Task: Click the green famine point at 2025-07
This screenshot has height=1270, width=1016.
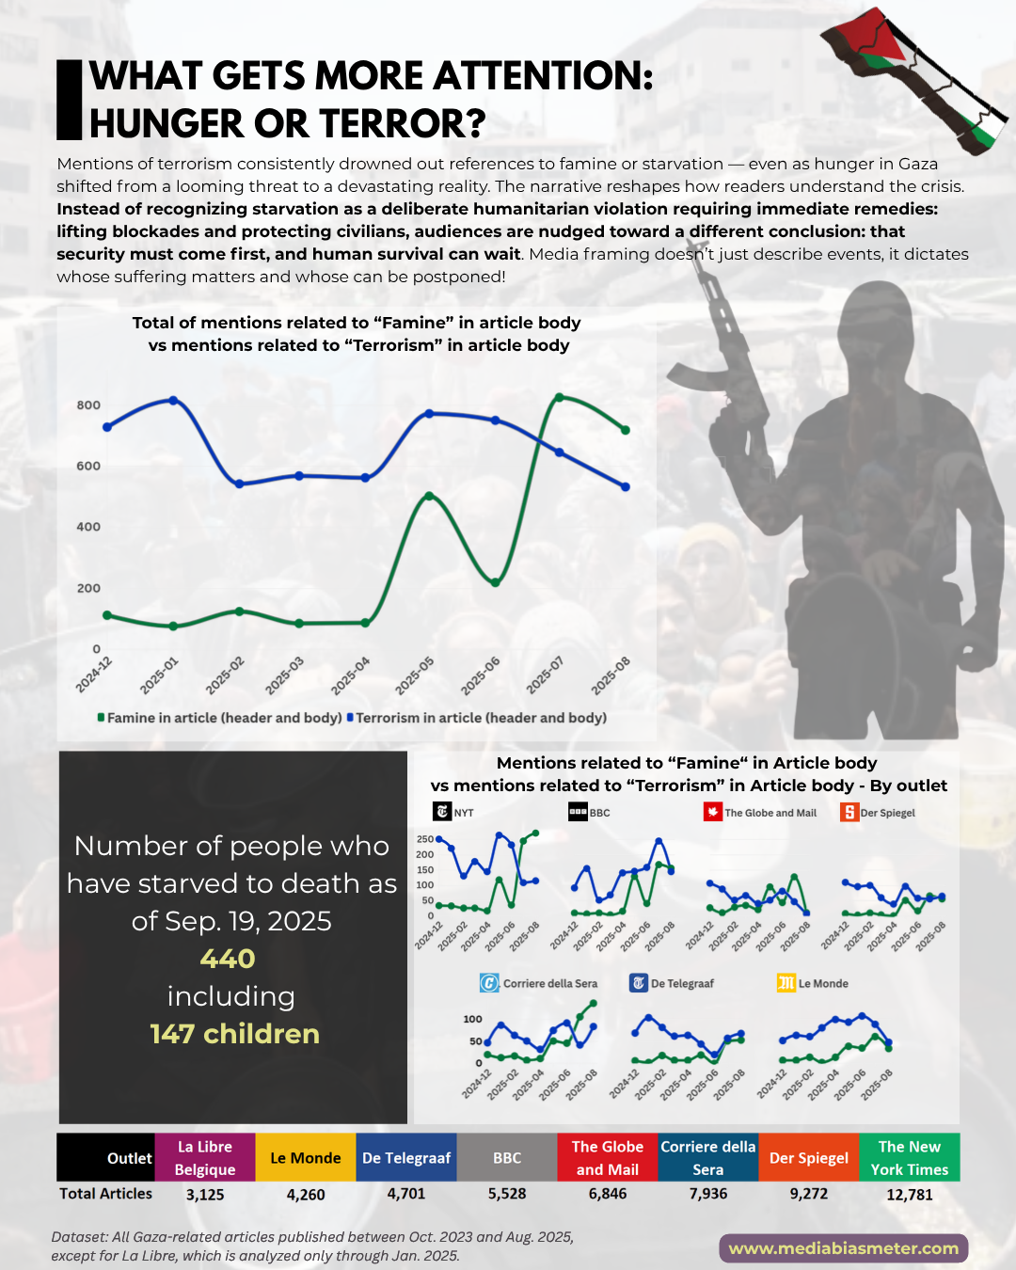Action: (560, 397)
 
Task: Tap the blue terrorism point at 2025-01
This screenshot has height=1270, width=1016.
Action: (173, 400)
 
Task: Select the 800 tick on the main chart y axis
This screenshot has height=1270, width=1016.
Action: (88, 405)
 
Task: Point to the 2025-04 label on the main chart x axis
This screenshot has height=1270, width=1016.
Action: (351, 675)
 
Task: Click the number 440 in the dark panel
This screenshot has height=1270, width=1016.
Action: (228, 959)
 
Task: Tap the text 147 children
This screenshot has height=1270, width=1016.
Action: (235, 1034)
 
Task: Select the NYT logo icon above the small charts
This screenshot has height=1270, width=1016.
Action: (442, 812)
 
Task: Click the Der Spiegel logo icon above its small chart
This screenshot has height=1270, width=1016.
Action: (849, 812)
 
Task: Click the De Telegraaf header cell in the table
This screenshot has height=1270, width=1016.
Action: (406, 1158)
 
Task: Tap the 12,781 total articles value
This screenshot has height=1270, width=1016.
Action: (910, 1195)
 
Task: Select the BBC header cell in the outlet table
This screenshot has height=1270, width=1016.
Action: (507, 1158)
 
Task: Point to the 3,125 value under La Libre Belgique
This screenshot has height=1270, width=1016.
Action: (205, 1195)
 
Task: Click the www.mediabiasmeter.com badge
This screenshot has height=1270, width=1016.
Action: (844, 1248)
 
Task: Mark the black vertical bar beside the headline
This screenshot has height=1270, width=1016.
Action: (70, 100)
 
